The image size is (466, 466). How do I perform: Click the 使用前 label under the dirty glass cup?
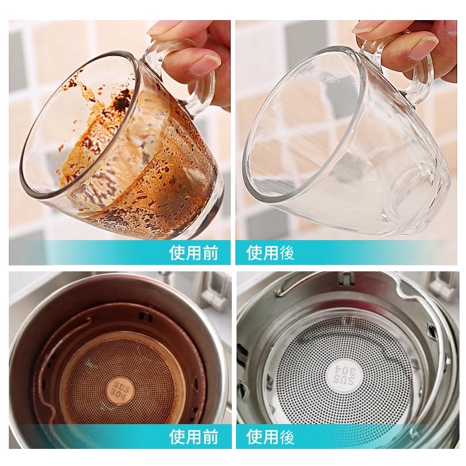tap(193, 252)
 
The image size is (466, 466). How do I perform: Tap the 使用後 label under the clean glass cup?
tap(270, 252)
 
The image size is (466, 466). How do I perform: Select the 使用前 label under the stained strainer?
tap(193, 437)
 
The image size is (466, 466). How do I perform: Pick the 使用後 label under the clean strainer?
tap(270, 437)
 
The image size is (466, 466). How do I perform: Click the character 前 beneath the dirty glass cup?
tap(210, 252)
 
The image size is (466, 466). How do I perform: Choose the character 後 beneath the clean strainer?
tap(287, 437)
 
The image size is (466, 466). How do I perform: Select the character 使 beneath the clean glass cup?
tap(254, 252)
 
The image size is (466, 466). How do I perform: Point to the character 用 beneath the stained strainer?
tap(193, 437)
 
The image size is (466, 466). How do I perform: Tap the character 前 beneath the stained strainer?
tap(210, 437)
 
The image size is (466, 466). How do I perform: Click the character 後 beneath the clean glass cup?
tap(287, 252)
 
